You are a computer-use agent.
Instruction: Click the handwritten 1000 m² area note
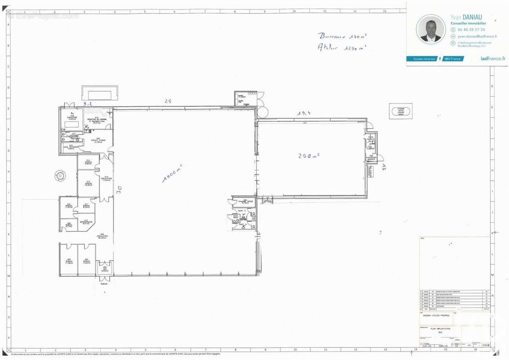(x=172, y=173)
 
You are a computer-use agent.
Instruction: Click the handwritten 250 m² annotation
(x=308, y=156)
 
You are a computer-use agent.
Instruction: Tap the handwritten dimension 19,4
(x=304, y=113)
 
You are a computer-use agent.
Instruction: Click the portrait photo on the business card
(x=430, y=29)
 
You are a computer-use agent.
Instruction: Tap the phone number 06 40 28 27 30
(x=471, y=30)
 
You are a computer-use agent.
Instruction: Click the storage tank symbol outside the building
(x=400, y=111)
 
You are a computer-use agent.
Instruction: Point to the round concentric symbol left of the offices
(x=60, y=175)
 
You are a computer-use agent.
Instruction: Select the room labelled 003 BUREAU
(x=69, y=261)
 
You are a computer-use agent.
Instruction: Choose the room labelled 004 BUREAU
(x=87, y=261)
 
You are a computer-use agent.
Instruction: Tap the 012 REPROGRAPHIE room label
(x=87, y=222)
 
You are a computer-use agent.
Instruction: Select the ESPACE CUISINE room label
(x=98, y=141)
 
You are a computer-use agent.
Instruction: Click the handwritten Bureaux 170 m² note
(x=342, y=36)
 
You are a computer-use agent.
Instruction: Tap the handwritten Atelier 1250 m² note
(x=341, y=47)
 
